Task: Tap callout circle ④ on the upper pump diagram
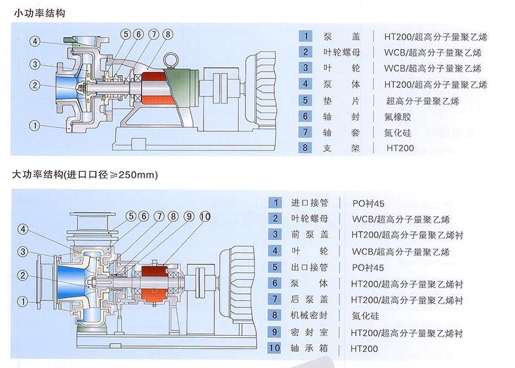pyautogui.click(x=35, y=42)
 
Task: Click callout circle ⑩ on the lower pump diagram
pyautogui.click(x=205, y=216)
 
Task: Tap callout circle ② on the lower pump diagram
pyautogui.click(x=23, y=276)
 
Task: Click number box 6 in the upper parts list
pyautogui.click(x=307, y=116)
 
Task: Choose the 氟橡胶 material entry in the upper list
pyautogui.click(x=402, y=116)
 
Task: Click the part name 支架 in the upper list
pyautogui.click(x=343, y=149)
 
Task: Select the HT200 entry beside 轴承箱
pyautogui.click(x=365, y=349)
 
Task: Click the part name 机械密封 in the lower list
pyautogui.click(x=310, y=316)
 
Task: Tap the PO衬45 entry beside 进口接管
pyautogui.click(x=368, y=201)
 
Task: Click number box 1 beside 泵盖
pyautogui.click(x=307, y=36)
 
